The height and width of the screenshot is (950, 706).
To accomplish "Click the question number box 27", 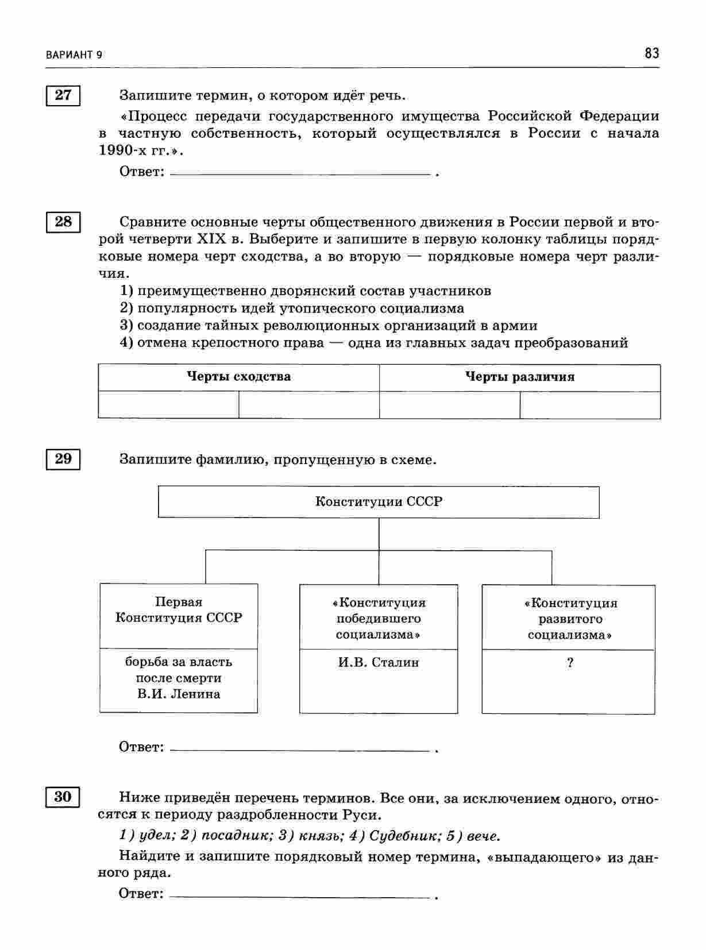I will [x=63, y=95].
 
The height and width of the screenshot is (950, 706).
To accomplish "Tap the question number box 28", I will [x=63, y=222].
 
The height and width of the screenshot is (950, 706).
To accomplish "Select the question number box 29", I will [x=63, y=459].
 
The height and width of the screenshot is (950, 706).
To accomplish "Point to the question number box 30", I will [x=63, y=797].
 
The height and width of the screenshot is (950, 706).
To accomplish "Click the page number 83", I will [x=651, y=54].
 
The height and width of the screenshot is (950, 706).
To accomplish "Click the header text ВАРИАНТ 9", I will [x=74, y=55].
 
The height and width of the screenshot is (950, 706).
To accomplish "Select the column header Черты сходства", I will [x=238, y=377].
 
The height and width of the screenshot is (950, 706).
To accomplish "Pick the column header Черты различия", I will [x=519, y=377].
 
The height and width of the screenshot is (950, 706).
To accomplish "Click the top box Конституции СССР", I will [x=379, y=502].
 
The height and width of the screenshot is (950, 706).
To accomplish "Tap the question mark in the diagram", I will [x=569, y=663].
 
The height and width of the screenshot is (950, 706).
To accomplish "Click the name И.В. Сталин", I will [x=379, y=662].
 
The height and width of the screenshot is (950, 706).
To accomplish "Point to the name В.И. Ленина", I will [x=179, y=694].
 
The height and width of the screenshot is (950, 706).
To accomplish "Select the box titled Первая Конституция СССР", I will [x=179, y=610].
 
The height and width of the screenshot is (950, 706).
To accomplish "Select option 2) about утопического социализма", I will [x=292, y=308].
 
